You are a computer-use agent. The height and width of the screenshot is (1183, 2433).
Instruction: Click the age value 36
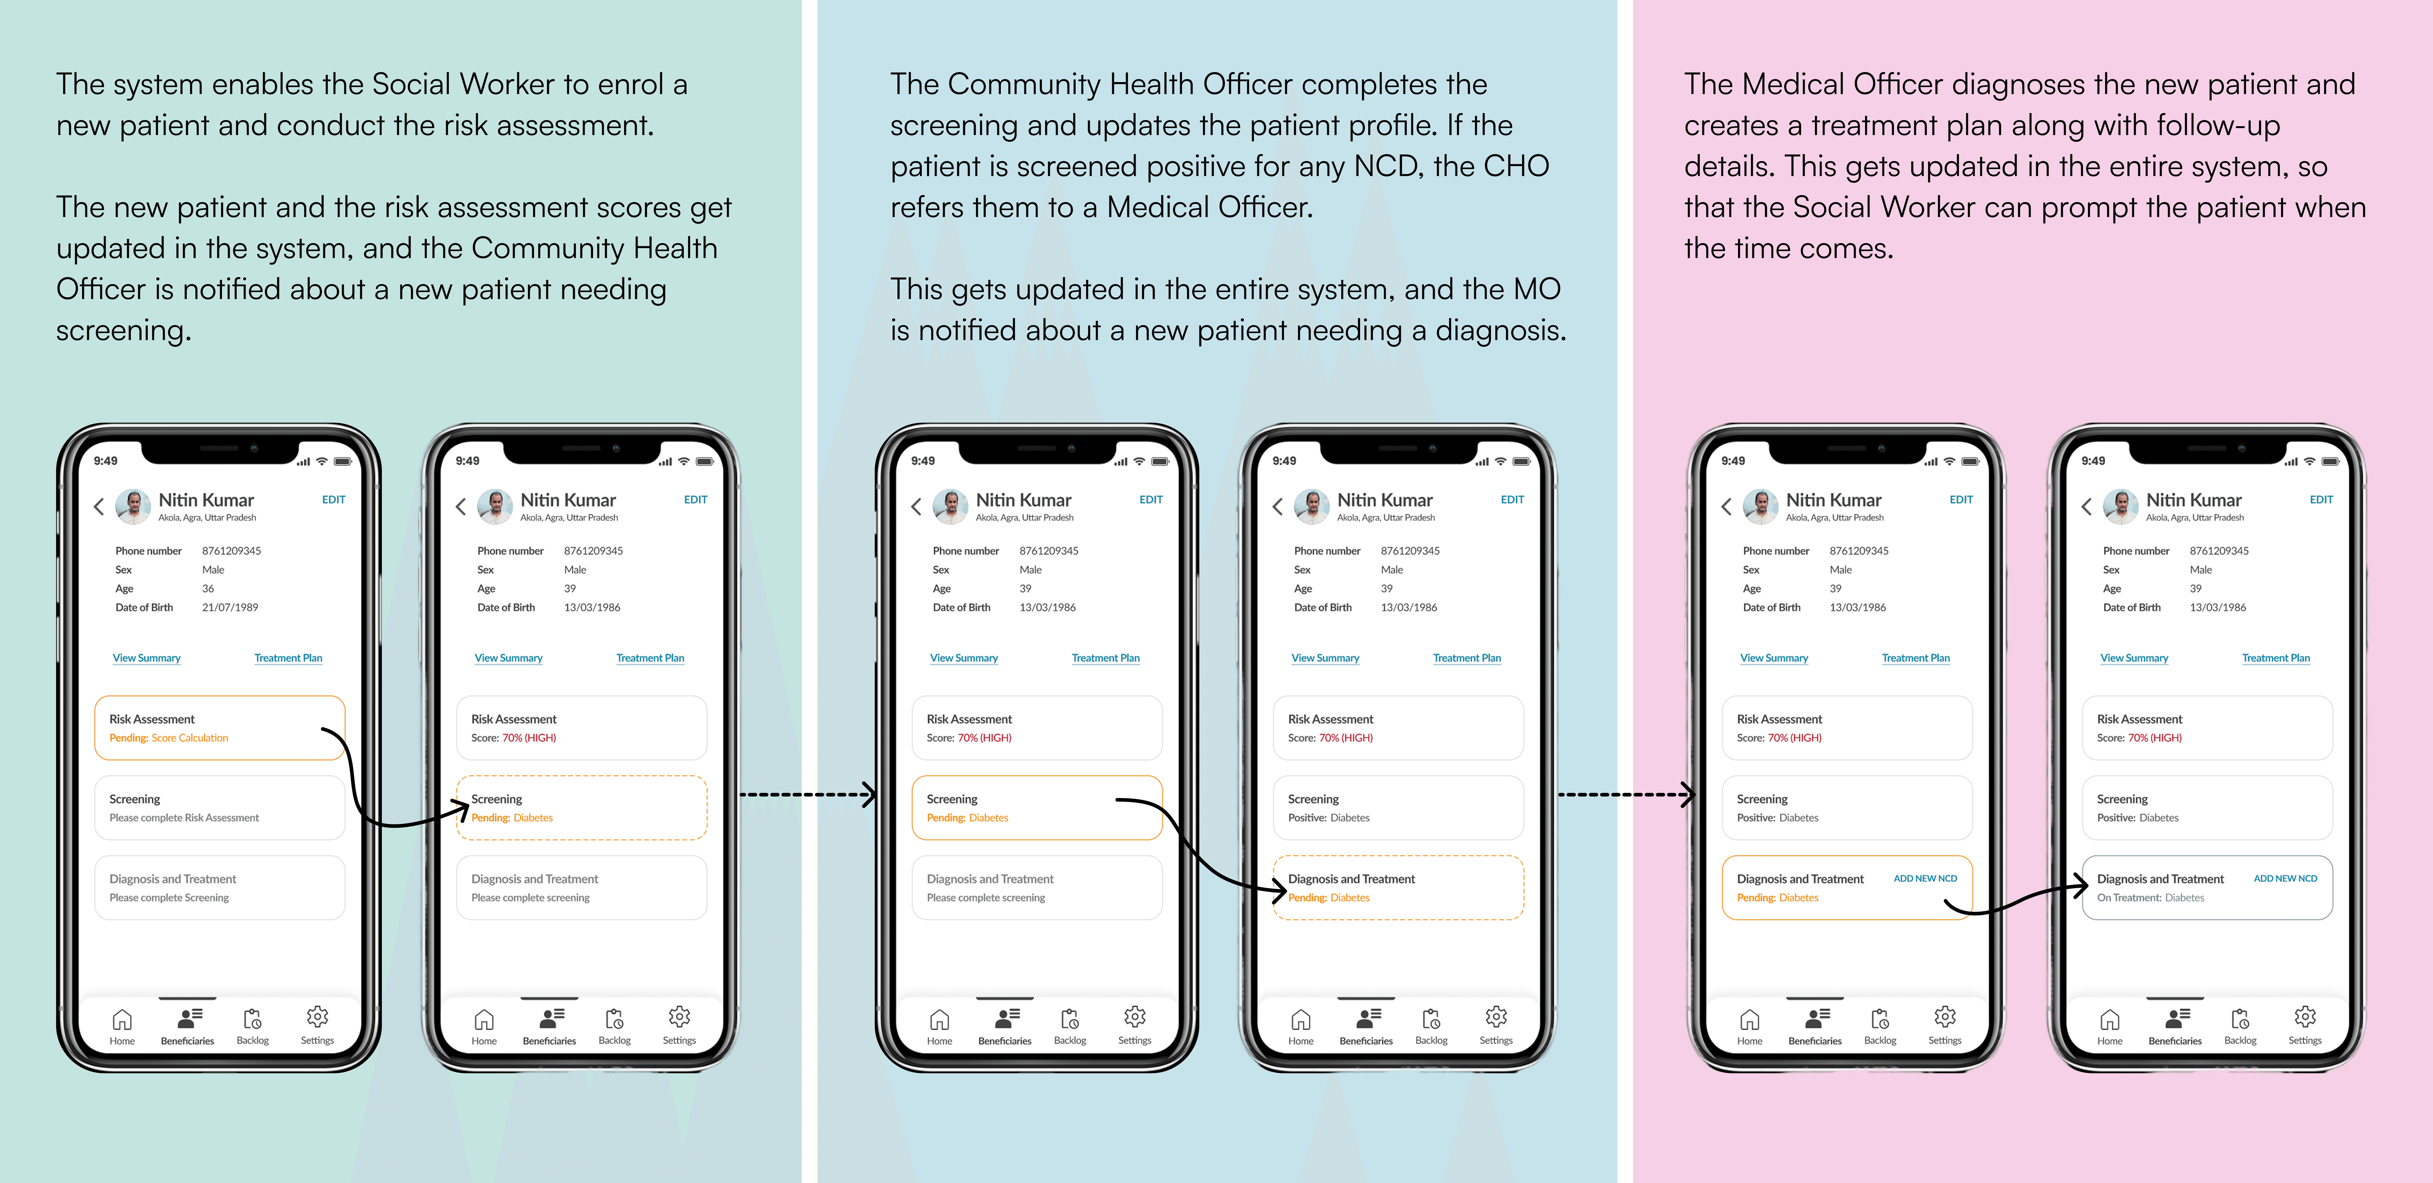click(x=208, y=588)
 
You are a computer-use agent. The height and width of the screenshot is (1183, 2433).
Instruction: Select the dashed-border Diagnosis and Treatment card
click(x=1398, y=888)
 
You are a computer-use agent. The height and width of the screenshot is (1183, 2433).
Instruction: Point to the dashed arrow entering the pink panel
click(x=1625, y=795)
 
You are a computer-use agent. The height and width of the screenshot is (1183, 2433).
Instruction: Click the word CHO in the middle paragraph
click(x=1516, y=166)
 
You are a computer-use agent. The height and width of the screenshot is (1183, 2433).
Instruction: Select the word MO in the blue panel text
click(x=1537, y=289)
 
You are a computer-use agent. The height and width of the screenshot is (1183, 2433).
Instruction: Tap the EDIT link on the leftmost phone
click(x=333, y=500)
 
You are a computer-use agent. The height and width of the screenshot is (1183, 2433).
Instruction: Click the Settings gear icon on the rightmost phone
click(x=2305, y=1017)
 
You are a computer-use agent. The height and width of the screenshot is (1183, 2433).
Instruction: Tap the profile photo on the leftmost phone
click(x=133, y=506)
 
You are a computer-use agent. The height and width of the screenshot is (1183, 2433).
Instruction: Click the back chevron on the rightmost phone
click(x=2086, y=507)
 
